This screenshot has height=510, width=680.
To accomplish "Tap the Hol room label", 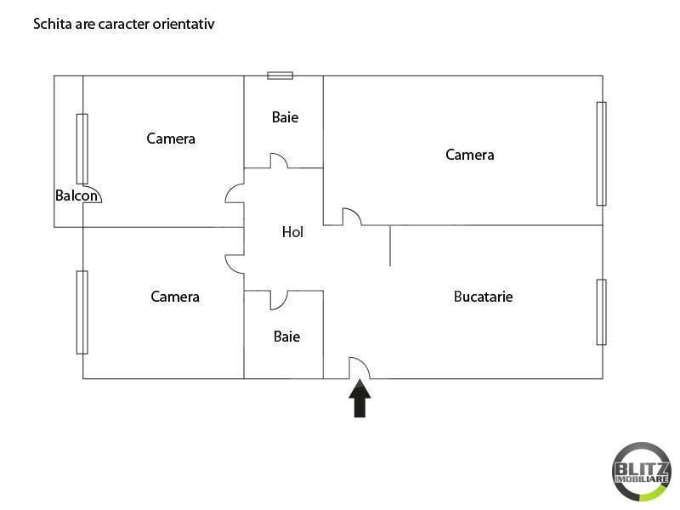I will tap(292, 231).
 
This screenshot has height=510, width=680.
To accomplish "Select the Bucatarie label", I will tap(483, 297).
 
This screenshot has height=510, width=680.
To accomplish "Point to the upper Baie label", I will tap(285, 117).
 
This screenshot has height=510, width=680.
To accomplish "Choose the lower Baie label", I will tap(286, 337).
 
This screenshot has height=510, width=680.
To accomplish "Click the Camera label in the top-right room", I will tap(470, 155).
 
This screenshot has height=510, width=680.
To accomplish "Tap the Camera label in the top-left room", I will tap(171, 139).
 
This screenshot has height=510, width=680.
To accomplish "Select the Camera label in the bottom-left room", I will tap(175, 297).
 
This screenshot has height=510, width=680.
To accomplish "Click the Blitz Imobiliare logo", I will tap(642, 470).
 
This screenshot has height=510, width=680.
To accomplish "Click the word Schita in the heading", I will tap(50, 24).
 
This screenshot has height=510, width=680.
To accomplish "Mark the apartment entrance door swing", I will tap(360, 367).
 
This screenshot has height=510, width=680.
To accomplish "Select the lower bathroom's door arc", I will tap(279, 300).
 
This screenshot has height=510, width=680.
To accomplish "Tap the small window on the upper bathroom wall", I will tap(280, 76).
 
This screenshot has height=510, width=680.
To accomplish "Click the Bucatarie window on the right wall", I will tap(601, 312).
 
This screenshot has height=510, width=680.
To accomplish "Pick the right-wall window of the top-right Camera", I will tap(601, 154).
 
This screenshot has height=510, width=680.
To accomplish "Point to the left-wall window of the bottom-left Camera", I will tap(82, 312).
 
